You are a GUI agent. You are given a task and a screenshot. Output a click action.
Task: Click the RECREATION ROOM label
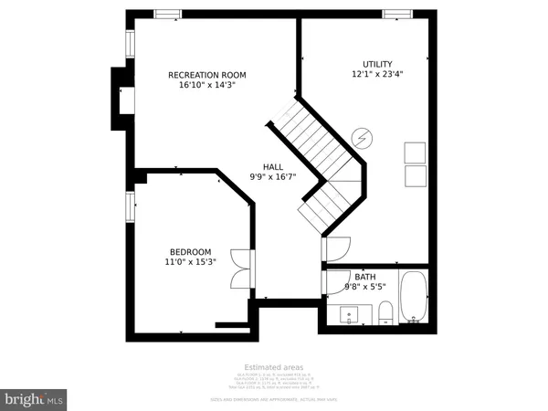click(207, 75)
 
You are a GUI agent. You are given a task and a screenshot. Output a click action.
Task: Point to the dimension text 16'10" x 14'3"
click(207, 87)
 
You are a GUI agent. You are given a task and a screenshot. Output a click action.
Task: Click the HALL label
click(273, 166)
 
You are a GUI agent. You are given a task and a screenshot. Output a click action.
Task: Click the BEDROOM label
click(190, 252)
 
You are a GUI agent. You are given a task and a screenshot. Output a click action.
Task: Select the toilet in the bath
click(385, 312)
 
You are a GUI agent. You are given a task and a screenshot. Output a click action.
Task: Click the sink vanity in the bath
click(351, 315)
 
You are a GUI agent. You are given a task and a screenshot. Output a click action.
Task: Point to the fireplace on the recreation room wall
click(121, 99)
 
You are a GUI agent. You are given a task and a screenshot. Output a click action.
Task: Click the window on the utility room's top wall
click(396, 14)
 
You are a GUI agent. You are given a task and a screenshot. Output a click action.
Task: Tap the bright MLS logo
click(34, 399)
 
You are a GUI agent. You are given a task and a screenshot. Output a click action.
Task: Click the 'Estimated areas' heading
click(273, 366)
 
